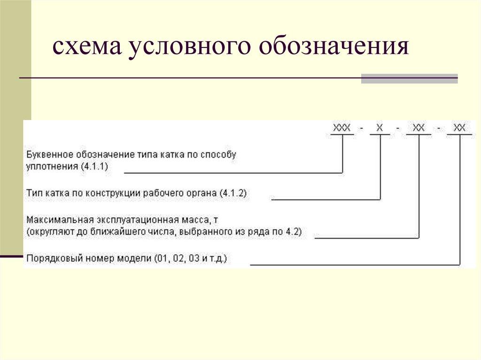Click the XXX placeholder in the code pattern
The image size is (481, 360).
pos(342,128)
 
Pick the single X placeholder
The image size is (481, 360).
pos(380,128)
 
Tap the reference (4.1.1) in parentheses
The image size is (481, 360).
pos(94,166)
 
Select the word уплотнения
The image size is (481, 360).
pos(51,166)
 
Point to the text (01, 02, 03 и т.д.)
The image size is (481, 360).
pos(191,258)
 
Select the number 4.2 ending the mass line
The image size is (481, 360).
pos(294,231)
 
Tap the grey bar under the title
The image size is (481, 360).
pos(409,78)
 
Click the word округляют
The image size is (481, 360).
pos(50,231)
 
